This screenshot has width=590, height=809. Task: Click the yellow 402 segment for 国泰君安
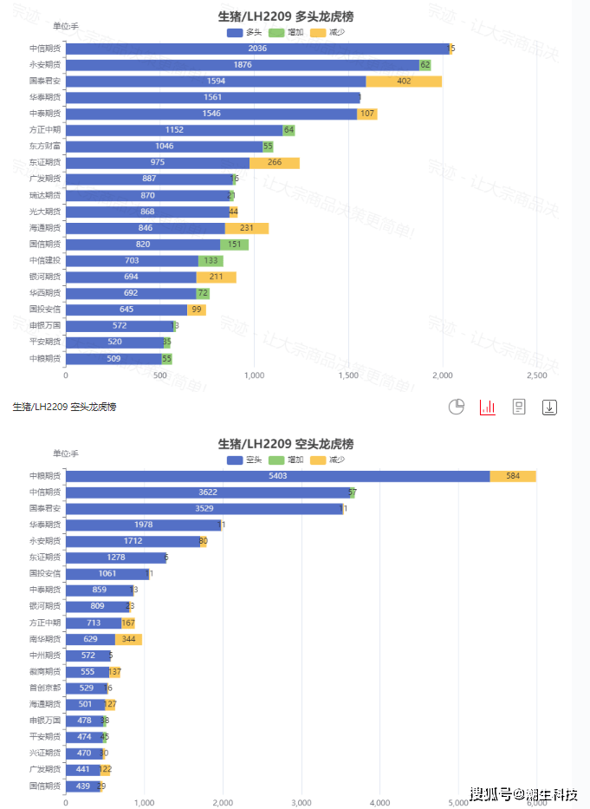point(404,82)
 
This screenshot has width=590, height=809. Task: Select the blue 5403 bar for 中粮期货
point(277,476)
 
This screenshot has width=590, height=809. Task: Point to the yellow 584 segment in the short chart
point(513,476)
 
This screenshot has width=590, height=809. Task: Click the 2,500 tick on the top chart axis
point(536,376)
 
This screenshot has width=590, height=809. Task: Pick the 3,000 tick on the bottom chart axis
point(301,803)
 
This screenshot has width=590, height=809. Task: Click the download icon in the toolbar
point(549,407)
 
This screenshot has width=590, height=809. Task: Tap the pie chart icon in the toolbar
point(457,407)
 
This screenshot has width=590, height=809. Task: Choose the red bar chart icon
point(487,407)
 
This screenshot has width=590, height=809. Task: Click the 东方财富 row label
point(44,147)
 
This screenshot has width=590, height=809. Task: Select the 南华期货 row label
point(44,639)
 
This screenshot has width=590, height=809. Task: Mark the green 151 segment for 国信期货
point(234,245)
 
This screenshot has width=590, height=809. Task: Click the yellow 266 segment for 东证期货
point(275,163)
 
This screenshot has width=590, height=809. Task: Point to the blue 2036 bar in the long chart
point(257,49)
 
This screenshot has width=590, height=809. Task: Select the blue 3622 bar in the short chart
point(207,493)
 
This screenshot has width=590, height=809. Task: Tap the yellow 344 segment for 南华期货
point(128,639)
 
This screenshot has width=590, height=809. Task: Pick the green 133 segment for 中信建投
point(211,261)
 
